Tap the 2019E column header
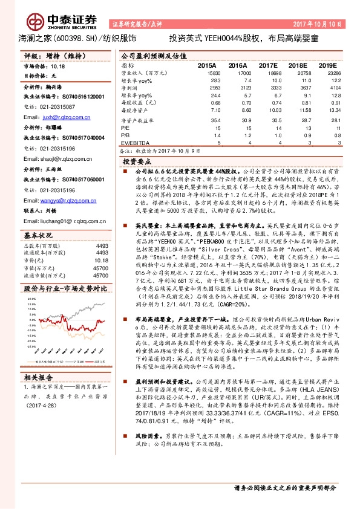coord(327,65)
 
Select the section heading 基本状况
coord(38,233)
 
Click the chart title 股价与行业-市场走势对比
coord(60,290)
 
